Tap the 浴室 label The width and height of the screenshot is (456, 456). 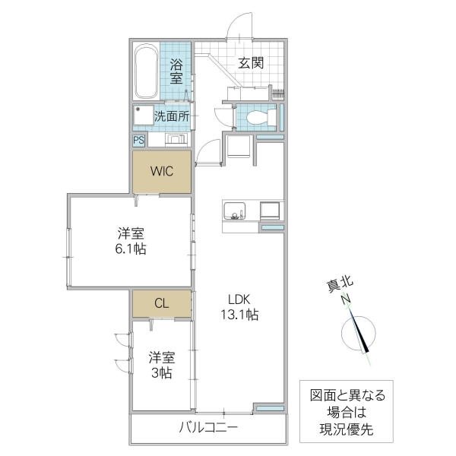coord(176,71)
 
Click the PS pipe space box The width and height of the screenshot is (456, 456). coord(138,140)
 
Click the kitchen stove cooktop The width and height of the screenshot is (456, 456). coord(270,210)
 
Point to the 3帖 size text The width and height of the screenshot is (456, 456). coord(160,372)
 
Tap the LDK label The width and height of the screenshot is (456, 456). coord(240,299)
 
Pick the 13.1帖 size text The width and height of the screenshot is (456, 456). coord(240,314)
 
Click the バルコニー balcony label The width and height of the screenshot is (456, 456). coord(208,428)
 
